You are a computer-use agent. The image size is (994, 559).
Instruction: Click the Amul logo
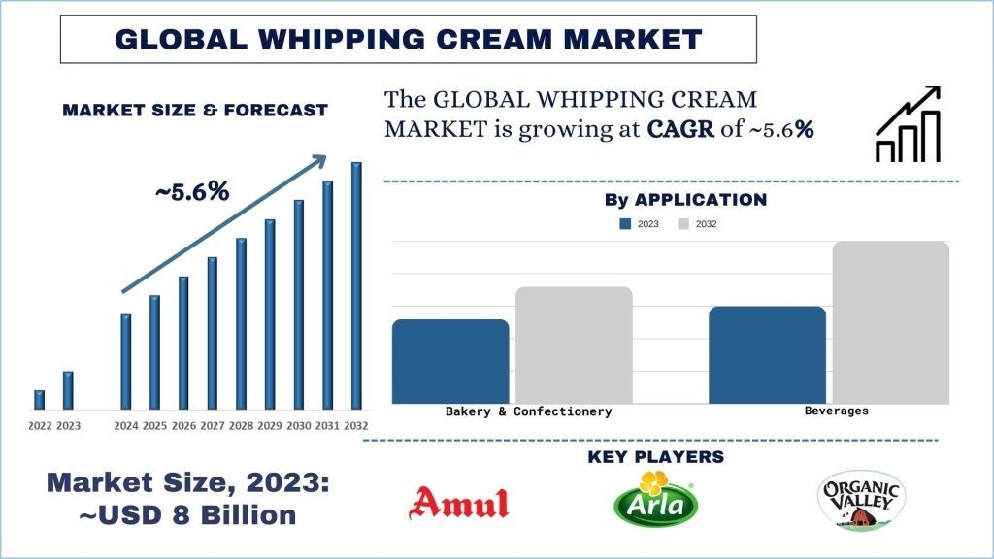pos(459,503)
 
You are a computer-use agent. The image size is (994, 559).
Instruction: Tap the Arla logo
pos(654,500)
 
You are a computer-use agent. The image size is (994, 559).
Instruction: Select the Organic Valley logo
pos(860,502)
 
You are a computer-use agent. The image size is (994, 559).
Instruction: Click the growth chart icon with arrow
pos(908,124)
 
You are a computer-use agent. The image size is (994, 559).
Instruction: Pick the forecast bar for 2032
pos(356,285)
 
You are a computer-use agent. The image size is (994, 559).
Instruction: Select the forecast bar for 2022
pos(40,399)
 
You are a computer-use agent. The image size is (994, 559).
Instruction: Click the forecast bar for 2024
pos(126,361)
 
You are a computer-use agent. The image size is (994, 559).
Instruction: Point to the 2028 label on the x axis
pos(242,426)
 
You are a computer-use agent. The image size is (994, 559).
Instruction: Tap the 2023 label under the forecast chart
pos(69,426)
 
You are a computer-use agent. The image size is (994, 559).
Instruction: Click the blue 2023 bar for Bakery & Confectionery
pos(450,361)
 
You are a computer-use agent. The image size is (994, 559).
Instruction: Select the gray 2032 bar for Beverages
pos(890,322)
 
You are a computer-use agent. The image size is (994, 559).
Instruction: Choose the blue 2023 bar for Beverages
pos(767,354)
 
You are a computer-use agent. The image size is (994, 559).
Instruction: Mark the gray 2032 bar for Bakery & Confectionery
pos(574,345)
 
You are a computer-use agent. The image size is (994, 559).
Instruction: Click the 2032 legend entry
pos(698,224)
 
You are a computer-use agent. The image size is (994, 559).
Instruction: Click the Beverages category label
pos(837,411)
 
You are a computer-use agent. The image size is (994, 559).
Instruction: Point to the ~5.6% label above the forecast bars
pos(192,192)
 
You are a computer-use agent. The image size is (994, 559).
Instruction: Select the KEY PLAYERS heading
pos(656,456)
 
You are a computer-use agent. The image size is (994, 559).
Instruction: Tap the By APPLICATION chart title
pos(685,200)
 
